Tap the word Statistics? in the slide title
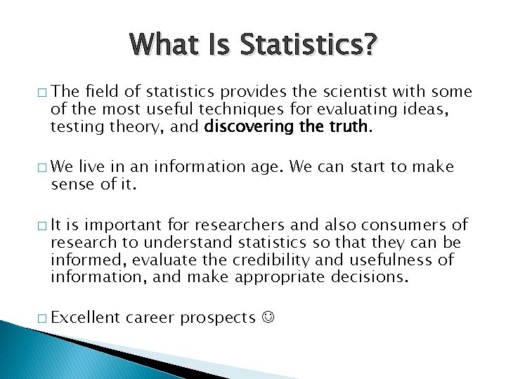[x=309, y=46]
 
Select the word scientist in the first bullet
[x=345, y=91]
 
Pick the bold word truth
[x=349, y=126]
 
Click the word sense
[x=68, y=185]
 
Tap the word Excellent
[x=86, y=318]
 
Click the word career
[x=151, y=319]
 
